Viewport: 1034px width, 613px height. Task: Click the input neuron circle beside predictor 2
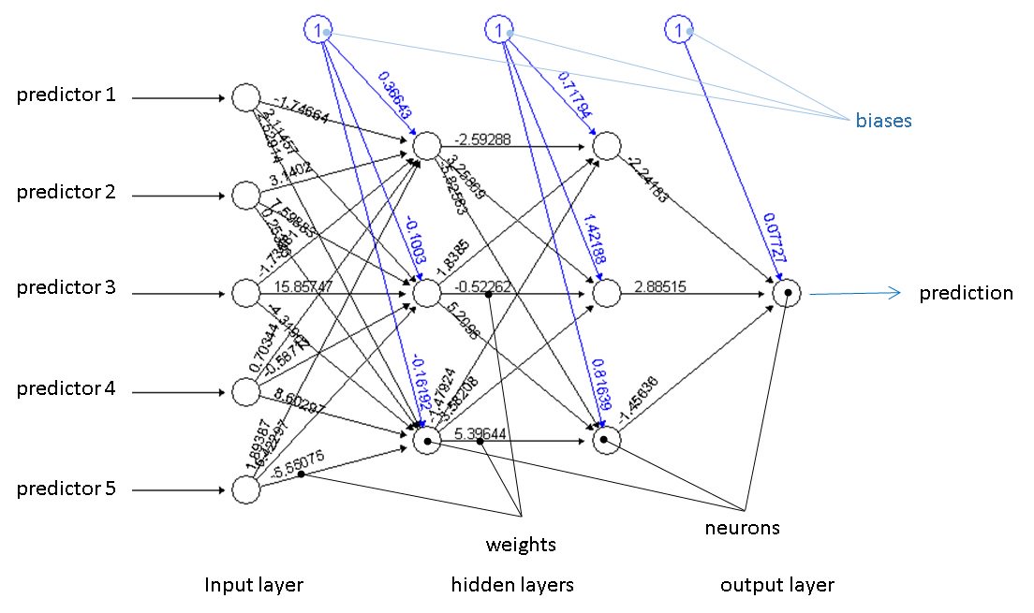pyautogui.click(x=245, y=195)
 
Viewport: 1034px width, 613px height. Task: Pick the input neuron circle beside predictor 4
pyautogui.click(x=245, y=390)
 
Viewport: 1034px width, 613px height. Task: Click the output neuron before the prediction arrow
pyautogui.click(x=788, y=293)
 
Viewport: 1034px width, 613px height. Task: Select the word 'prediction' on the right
pyautogui.click(x=966, y=293)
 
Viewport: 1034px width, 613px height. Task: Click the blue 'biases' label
pyautogui.click(x=883, y=121)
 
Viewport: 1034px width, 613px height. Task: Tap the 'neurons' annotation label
pyautogui.click(x=742, y=528)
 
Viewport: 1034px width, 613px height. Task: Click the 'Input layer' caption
pyautogui.click(x=255, y=586)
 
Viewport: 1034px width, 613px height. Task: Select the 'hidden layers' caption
pyautogui.click(x=512, y=586)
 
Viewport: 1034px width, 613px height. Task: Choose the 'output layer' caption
pyautogui.click(x=776, y=586)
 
